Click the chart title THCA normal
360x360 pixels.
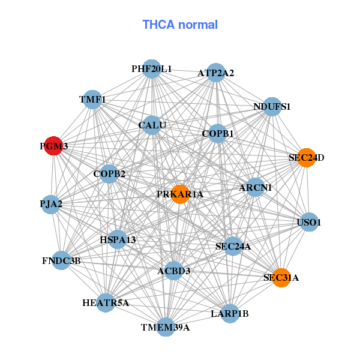click(x=180, y=25)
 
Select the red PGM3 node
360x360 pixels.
click(x=54, y=146)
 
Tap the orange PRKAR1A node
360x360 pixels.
click(x=180, y=194)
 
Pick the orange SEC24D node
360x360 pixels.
click(x=307, y=158)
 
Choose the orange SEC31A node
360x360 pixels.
click(x=281, y=278)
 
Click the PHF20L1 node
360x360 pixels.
click(x=152, y=69)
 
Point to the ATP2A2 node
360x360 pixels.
click(x=216, y=73)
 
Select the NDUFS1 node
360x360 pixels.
click(x=272, y=107)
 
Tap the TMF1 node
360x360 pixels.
click(x=92, y=100)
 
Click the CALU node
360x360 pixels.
click(x=152, y=125)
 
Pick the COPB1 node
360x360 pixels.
click(x=217, y=133)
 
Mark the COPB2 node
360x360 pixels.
click(x=109, y=174)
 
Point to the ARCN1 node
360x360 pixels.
click(x=256, y=187)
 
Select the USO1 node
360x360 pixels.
click(x=309, y=222)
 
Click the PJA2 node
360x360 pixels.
click(x=51, y=205)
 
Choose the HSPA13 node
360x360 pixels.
click(x=118, y=239)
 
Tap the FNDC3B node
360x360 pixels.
click(x=61, y=260)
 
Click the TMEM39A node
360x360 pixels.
click(x=166, y=327)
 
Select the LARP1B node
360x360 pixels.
click(x=230, y=313)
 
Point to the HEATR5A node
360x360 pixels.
click(x=106, y=303)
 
